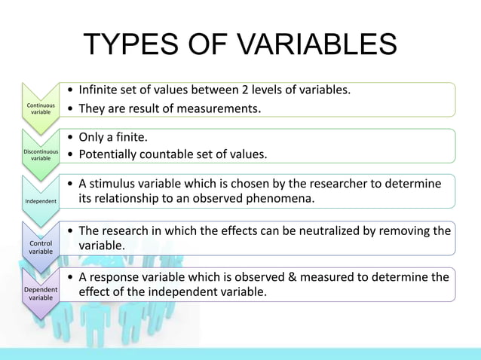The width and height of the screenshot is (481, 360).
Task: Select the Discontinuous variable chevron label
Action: point(41,154)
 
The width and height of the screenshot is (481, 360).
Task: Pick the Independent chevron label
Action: point(41,201)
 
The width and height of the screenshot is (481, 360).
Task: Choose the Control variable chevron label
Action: point(41,248)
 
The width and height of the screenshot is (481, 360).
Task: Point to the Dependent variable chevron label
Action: point(41,294)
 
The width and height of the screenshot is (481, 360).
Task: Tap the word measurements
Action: point(218,108)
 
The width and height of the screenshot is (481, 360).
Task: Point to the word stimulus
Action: point(119,183)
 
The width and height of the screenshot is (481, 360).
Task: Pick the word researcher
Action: point(336,183)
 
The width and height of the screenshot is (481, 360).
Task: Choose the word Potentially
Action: point(112,155)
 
